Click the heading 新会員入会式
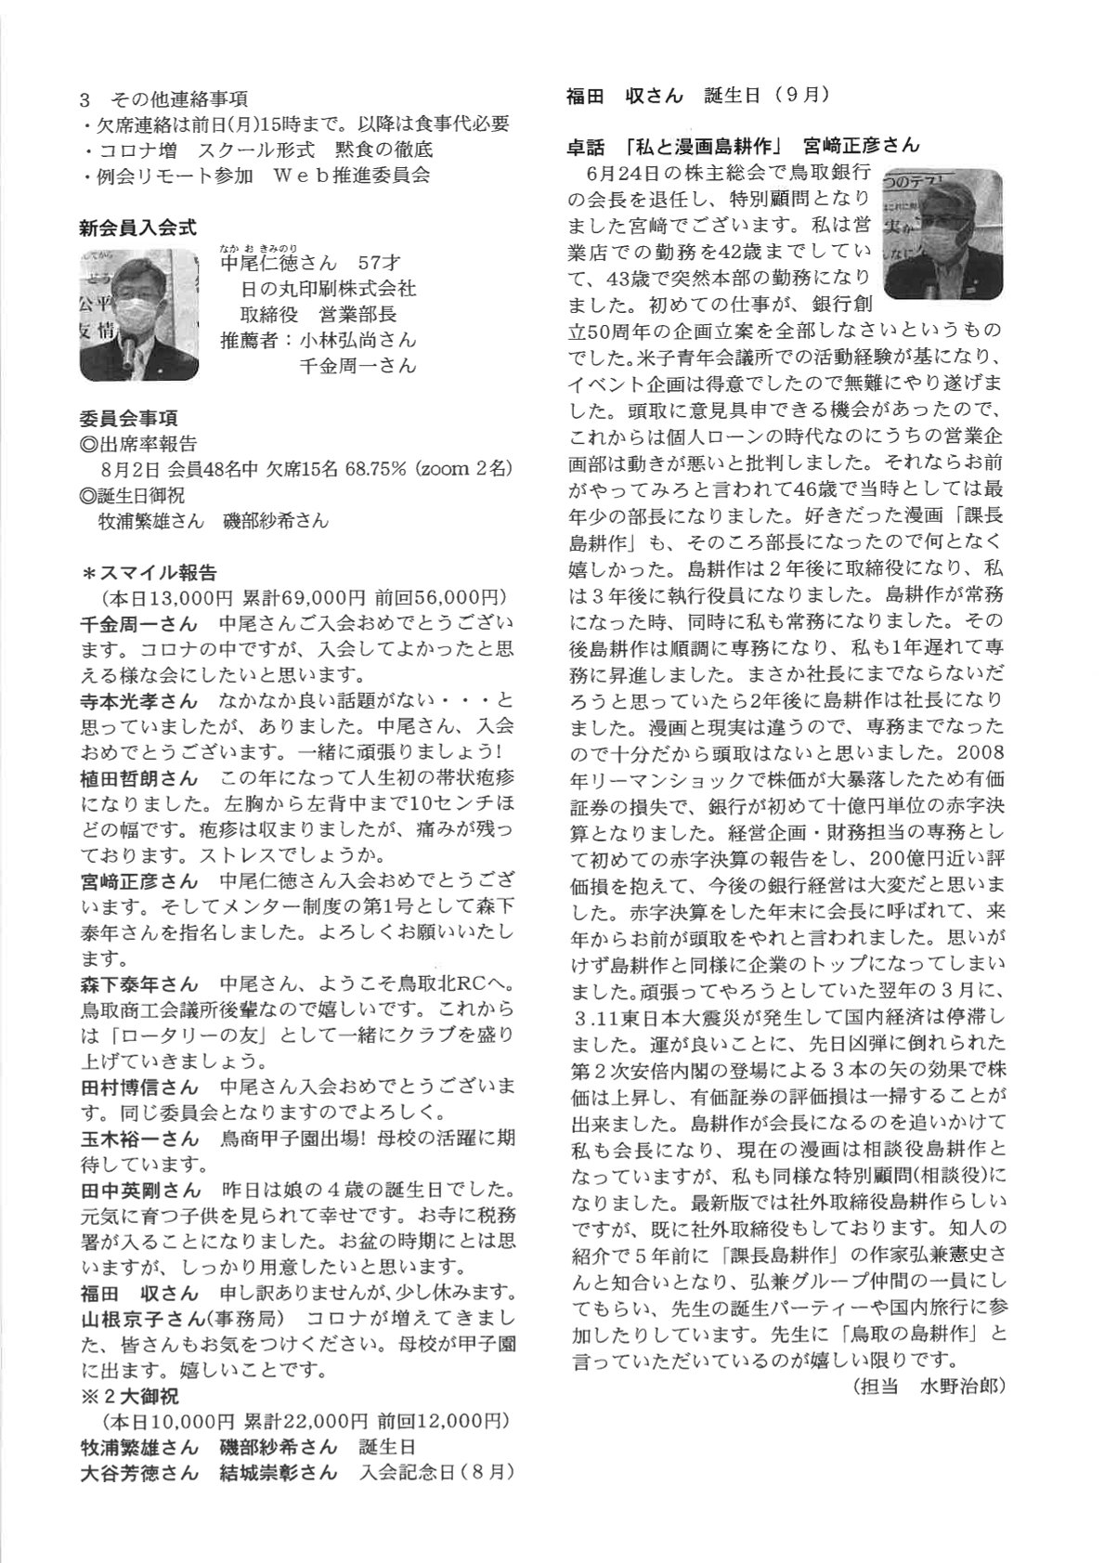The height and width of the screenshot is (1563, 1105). pyautogui.click(x=138, y=226)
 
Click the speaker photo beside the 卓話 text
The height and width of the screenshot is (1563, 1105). pyautogui.click(x=942, y=234)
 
